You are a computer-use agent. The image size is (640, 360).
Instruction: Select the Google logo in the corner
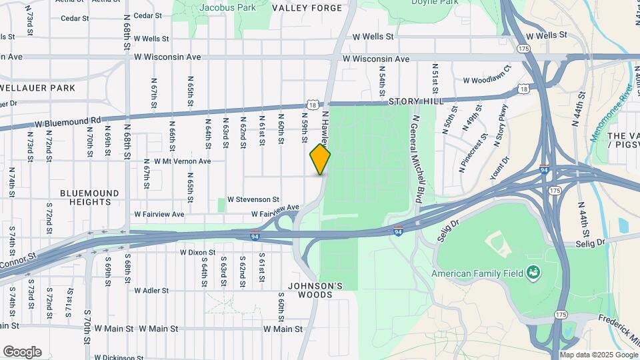tap(22, 352)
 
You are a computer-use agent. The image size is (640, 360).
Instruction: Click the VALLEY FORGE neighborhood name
tap(307, 8)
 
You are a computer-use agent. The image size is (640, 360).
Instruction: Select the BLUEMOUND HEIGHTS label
tap(89, 197)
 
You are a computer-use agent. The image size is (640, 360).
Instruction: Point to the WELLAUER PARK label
tap(37, 88)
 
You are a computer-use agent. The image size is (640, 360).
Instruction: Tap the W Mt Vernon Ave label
tap(182, 161)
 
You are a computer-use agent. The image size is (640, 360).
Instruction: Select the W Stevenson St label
tap(253, 199)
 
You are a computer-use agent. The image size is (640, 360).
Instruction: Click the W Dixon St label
tap(198, 253)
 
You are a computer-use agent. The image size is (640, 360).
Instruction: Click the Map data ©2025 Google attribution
tap(597, 355)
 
